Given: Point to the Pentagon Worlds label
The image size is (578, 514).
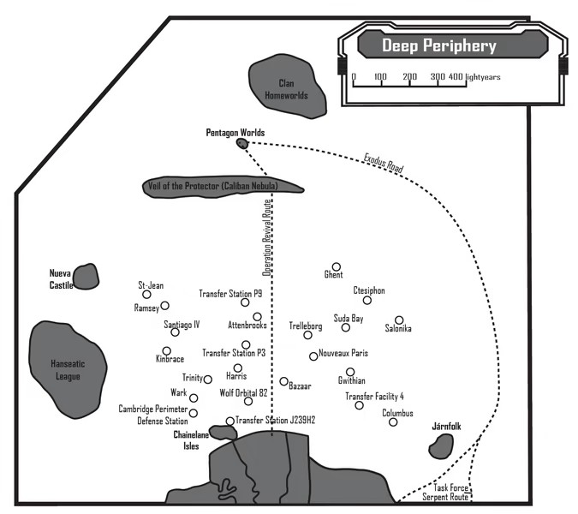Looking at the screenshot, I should coord(235,133).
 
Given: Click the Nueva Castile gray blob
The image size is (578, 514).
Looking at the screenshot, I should coord(86,277).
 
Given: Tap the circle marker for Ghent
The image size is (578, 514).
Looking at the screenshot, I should coord(337,266).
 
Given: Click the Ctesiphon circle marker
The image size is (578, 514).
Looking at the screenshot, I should coord(367,300).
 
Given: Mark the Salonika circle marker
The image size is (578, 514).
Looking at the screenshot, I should coord(399,320).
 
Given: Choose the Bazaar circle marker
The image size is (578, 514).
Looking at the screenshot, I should coord(283,381).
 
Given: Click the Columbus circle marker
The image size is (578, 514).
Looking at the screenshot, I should coord(393,422).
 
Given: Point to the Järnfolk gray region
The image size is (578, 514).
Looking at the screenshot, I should coord(441,445).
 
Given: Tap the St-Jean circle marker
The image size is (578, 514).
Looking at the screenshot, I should coord(146,295).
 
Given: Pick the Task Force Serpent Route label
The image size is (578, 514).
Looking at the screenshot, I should coord(446,493).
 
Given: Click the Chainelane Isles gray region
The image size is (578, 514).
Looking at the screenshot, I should coord(223,433).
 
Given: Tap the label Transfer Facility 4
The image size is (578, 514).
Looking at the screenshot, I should coord(374,397).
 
